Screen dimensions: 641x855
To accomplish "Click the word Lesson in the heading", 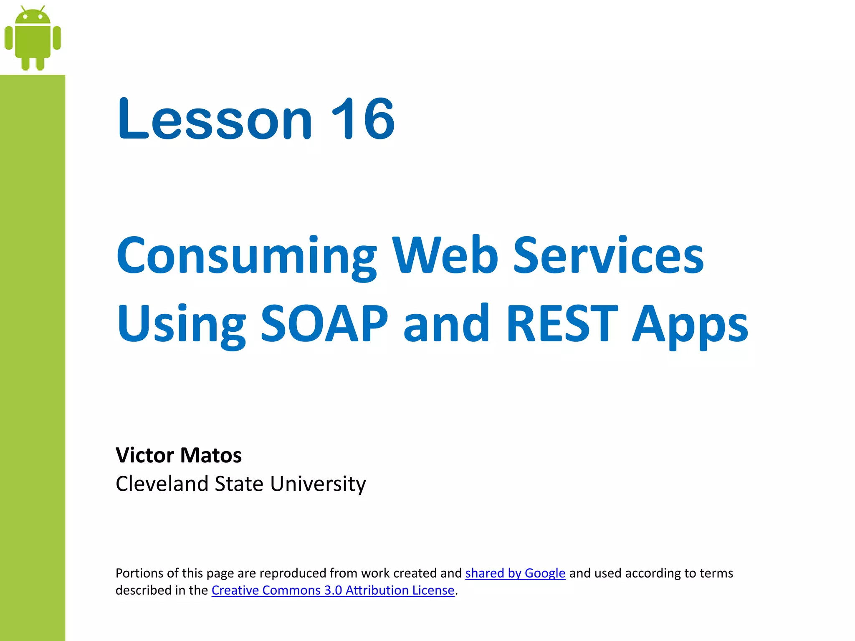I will (x=215, y=119).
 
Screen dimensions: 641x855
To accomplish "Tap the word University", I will (x=318, y=484).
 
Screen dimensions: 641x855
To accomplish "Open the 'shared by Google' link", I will (x=515, y=573).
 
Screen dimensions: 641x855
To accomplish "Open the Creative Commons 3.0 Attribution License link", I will (x=333, y=590).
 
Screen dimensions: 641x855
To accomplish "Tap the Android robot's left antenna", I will (x=23, y=9).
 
